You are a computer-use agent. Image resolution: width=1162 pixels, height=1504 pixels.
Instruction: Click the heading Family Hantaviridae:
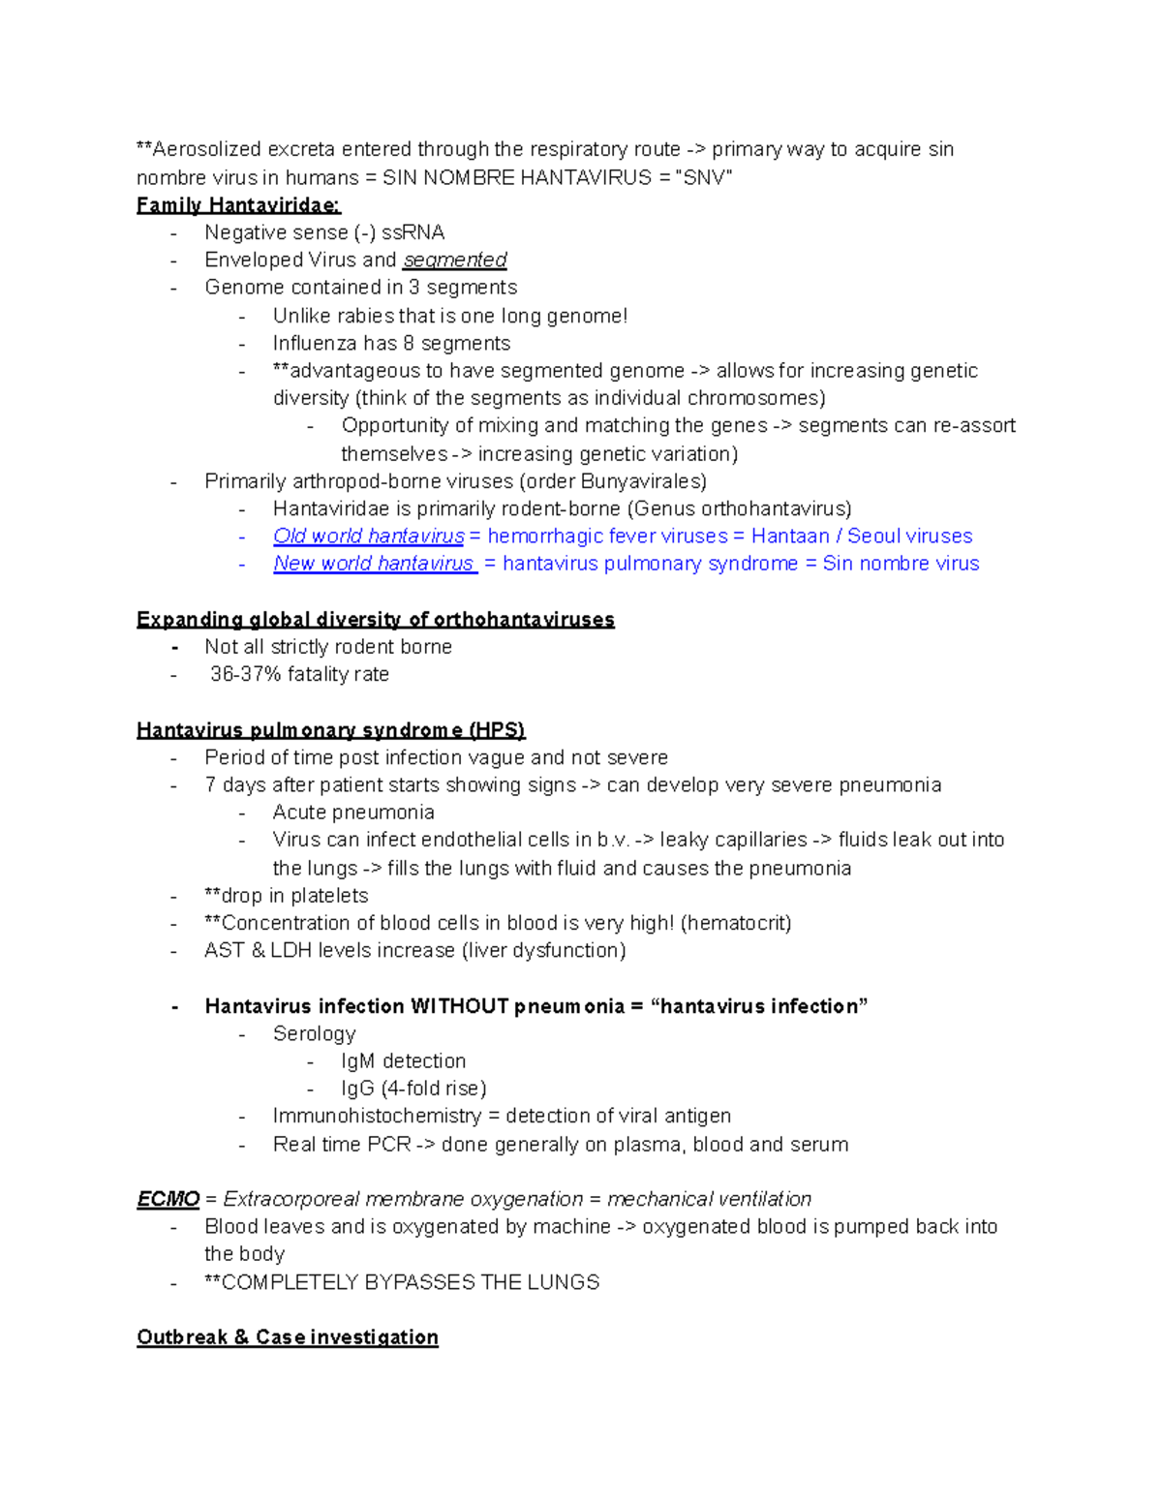tap(238, 205)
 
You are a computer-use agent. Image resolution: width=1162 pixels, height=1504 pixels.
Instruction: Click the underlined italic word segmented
tap(454, 261)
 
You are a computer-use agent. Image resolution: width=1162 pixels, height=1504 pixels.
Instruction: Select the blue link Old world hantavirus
tap(368, 537)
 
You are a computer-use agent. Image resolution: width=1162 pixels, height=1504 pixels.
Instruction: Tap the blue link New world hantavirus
tap(374, 564)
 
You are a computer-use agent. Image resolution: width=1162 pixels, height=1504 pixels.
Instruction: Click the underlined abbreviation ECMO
tap(168, 1200)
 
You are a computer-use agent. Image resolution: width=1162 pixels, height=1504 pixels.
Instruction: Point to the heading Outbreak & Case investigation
tap(287, 1337)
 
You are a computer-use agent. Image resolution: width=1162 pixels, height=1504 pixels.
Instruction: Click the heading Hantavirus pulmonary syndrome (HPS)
tap(330, 730)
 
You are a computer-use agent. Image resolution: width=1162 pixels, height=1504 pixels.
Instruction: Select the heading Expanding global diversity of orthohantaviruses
tap(375, 620)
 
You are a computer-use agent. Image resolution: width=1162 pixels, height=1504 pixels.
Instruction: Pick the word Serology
tap(314, 1034)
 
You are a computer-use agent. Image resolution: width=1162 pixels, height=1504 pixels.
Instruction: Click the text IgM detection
tap(403, 1061)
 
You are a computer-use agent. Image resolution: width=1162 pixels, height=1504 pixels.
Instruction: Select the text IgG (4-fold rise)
tap(413, 1089)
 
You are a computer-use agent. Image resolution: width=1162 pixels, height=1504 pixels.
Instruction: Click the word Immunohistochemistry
tap(376, 1117)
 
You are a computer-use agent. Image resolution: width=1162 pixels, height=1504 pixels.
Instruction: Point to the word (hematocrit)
tap(736, 924)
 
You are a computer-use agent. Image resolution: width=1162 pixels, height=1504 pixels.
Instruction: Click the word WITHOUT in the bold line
tap(459, 1007)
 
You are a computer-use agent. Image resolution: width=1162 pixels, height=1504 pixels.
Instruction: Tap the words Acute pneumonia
tap(352, 813)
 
